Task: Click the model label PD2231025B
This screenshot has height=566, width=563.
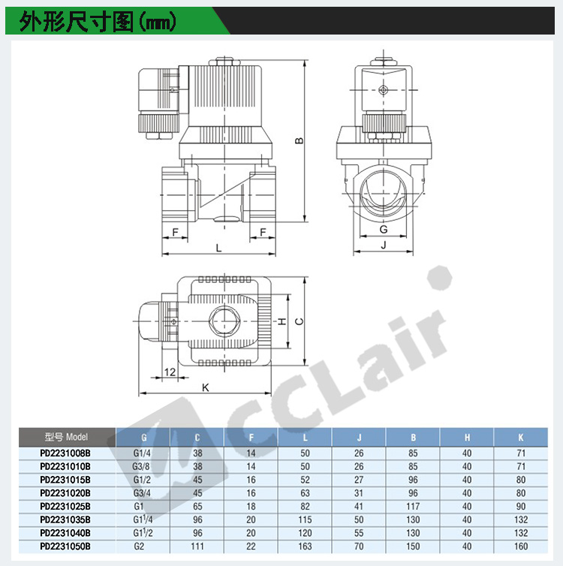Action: point(65,507)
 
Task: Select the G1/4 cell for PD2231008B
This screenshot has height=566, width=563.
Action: point(142,453)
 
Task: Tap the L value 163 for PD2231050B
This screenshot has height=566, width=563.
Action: point(305,546)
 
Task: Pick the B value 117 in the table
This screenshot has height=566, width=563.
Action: point(413,507)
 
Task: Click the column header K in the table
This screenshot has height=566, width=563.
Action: point(521,438)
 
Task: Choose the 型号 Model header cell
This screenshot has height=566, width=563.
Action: point(66,437)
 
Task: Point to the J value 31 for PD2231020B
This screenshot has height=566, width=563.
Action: point(359,493)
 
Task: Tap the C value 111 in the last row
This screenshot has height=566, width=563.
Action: point(197,546)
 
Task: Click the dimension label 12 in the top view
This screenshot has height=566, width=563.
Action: point(170,372)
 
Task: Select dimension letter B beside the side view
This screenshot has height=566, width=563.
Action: point(300,140)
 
